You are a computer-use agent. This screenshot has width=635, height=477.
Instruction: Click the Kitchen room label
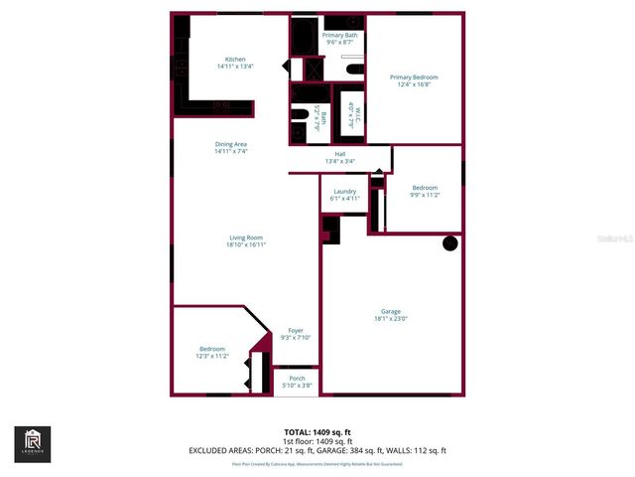coord(235,59)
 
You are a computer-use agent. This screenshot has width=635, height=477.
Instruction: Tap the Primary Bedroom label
coord(414,78)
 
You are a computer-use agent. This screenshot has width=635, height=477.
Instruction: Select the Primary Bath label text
coord(339,36)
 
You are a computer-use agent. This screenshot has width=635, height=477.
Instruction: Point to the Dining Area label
coord(230,144)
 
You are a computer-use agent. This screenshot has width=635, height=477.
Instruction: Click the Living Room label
coord(246,238)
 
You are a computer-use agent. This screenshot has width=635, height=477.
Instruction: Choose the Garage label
coord(391,311)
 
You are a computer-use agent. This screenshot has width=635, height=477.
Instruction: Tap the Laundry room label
coord(344,191)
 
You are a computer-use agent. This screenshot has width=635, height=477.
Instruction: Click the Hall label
coord(339,154)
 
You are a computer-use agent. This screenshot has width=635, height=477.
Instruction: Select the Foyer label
coord(296,331)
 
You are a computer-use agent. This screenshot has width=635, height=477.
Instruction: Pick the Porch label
coord(297,378)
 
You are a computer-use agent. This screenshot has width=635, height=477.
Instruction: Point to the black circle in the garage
coord(449,242)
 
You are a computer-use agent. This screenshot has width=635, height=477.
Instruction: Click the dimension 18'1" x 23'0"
coord(391,319)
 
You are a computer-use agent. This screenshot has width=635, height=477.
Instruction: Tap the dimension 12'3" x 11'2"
coord(212,356)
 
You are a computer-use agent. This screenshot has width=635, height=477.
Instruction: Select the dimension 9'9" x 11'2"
coord(424,195)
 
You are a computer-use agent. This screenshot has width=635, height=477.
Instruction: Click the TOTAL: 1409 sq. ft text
coord(317,432)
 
